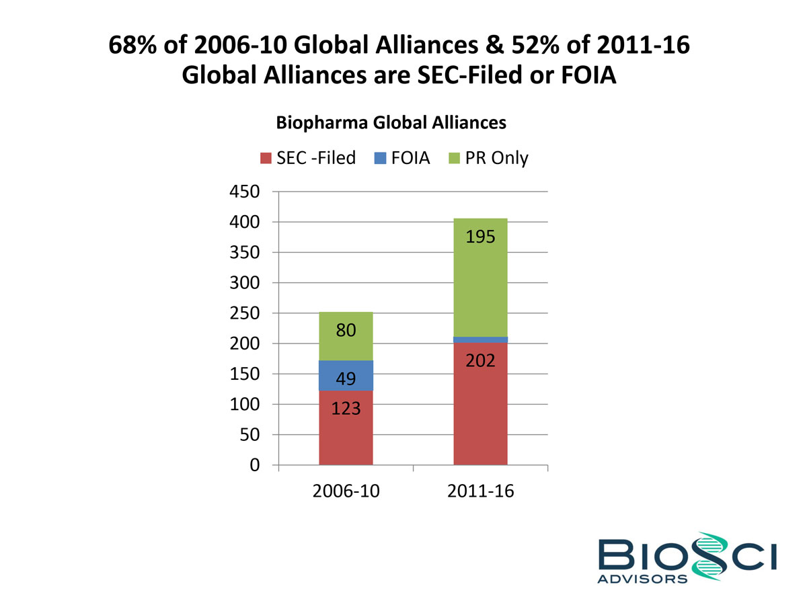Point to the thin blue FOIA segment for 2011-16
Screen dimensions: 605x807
(x=480, y=339)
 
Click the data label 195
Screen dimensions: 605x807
(x=480, y=237)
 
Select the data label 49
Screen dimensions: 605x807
(x=346, y=380)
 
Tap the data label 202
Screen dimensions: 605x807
(x=480, y=361)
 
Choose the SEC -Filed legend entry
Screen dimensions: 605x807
(x=309, y=159)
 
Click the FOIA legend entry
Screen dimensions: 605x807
(x=401, y=159)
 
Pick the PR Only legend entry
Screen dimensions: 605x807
(x=490, y=159)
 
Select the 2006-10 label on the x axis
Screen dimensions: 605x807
(x=346, y=491)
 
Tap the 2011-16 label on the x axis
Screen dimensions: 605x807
(x=480, y=491)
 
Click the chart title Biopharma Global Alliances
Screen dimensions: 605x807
(x=391, y=123)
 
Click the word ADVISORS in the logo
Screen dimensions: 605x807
(x=642, y=577)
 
